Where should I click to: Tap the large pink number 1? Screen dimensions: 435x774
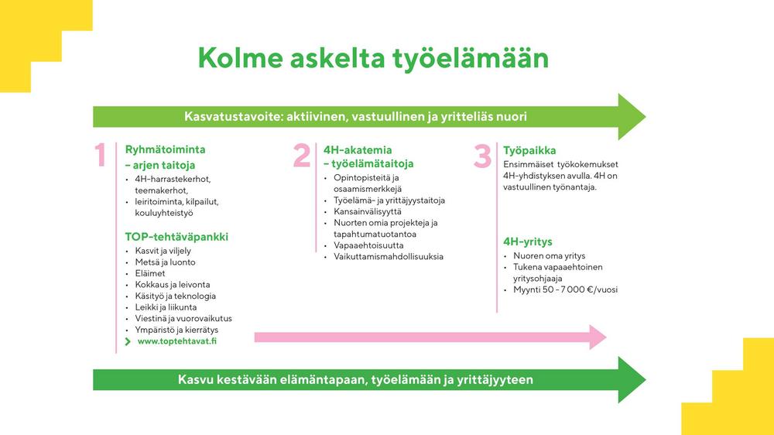[101, 156]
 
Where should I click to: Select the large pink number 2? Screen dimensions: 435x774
[302, 156]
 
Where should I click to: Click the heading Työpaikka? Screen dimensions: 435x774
[529, 150]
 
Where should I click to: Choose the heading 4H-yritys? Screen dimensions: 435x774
[527, 241]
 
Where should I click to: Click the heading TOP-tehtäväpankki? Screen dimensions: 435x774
[176, 237]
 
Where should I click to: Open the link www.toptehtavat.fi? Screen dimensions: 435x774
[176, 341]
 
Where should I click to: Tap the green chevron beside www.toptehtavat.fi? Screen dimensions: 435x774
[128, 341]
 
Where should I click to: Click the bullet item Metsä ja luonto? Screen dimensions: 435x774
[165, 262]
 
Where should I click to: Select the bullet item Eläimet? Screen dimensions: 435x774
[150, 273]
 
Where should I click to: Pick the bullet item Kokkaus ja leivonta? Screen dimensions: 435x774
[172, 285]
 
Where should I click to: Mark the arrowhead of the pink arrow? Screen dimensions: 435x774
[596, 336]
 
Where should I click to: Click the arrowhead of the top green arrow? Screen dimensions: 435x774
[631, 117]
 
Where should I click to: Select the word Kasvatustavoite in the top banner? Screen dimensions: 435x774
[232, 117]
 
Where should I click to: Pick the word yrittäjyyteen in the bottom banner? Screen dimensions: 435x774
[495, 380]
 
